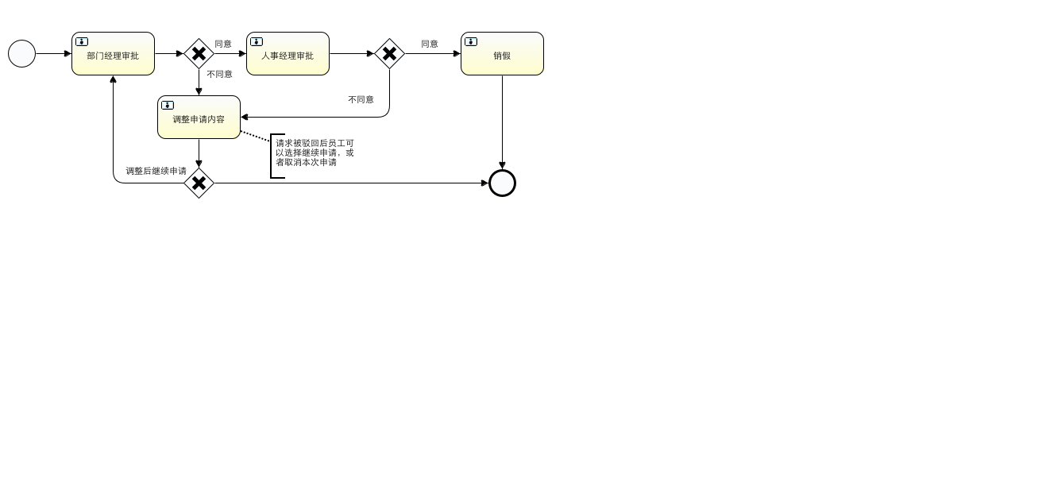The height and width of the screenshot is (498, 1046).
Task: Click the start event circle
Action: coord(21,54)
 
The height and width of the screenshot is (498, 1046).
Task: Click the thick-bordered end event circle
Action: coord(502,183)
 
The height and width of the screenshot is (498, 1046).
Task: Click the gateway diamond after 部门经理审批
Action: coord(199,54)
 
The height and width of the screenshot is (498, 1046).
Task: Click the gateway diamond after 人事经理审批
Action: coord(389,54)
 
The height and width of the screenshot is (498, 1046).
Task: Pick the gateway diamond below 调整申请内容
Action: coord(199,183)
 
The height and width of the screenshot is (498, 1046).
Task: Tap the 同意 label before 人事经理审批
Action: coord(223,44)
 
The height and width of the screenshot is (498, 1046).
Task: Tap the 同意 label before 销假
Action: coord(430,44)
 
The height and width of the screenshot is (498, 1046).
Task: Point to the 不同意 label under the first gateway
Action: coord(220,74)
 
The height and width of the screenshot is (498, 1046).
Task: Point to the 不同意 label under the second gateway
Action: coord(361,99)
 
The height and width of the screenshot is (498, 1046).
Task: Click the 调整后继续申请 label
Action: coord(156,171)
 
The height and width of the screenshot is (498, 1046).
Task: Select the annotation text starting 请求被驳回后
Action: coord(315,152)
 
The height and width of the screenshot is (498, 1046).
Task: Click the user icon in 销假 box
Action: coord(471,41)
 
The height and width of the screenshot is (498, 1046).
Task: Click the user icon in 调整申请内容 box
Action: coord(168,105)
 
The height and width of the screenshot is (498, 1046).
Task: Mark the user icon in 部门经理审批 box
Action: coord(82,41)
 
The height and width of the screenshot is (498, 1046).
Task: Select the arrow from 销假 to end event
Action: coord(502,119)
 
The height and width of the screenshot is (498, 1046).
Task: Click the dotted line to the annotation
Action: coord(255,137)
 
